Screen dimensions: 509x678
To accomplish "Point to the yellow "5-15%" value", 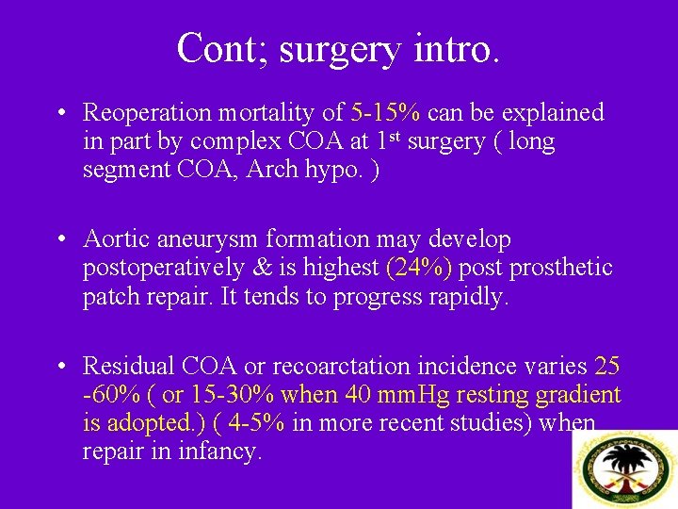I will click(x=385, y=113).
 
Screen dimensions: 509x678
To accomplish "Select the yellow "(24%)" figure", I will click(x=419, y=268).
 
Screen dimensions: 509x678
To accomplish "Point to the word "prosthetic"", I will click(x=562, y=268).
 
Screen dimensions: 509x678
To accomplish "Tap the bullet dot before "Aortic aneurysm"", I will click(x=60, y=240).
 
